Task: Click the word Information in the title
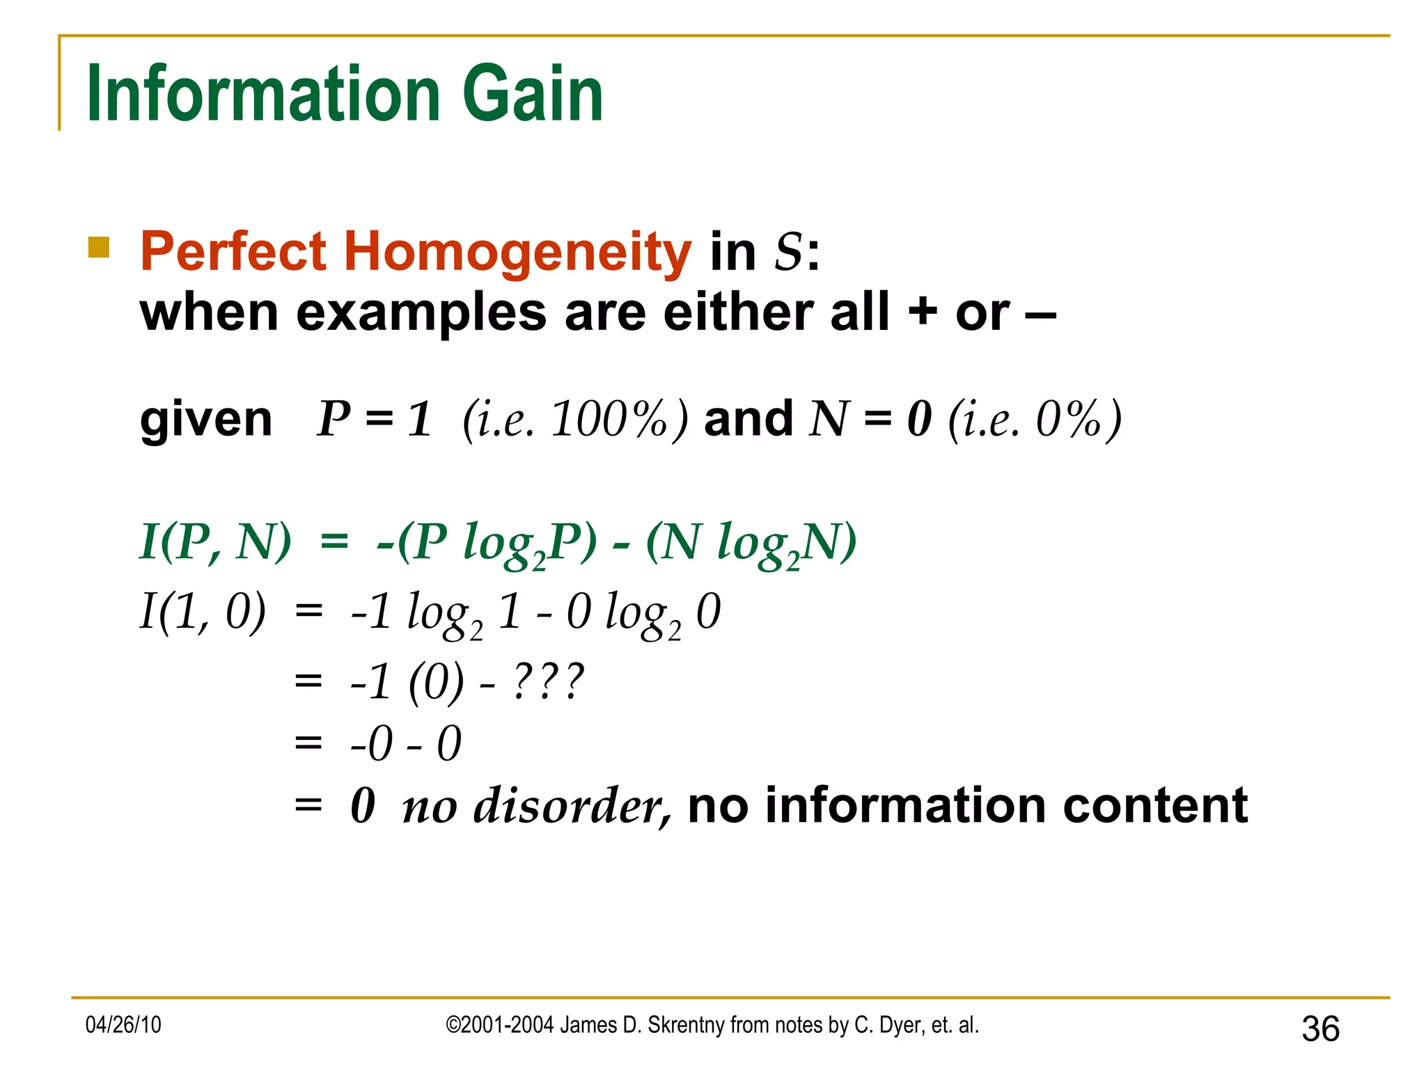pos(263,94)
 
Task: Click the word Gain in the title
pos(532,94)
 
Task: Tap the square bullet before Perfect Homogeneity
pos(99,248)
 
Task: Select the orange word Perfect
pos(233,251)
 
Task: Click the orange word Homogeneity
pos(517,251)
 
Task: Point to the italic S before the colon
pos(789,251)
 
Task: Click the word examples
pos(421,312)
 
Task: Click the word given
pos(205,420)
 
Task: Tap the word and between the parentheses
pos(748,420)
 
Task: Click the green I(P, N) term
pos(215,542)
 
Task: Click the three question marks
pos(548,682)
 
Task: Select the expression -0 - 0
pos(405,743)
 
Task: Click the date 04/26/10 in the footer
pos(123,1025)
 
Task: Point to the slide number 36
pos(1320,1029)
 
